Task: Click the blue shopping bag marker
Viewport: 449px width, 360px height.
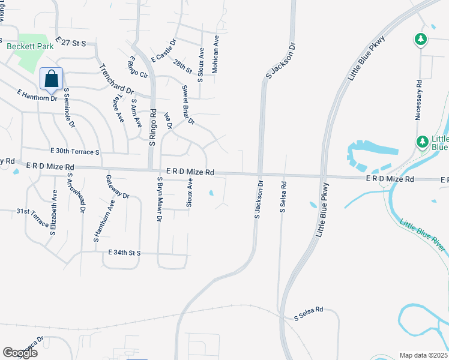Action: pyautogui.click(x=52, y=78)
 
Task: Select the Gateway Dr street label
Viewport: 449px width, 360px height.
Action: pyautogui.click(x=117, y=187)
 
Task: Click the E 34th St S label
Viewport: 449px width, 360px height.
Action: pyautogui.click(x=124, y=253)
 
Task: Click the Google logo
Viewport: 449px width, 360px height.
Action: pyautogui.click(x=20, y=353)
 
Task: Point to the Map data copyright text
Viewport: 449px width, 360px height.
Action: pyautogui.click(x=424, y=355)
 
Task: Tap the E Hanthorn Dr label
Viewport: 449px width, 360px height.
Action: pyautogui.click(x=37, y=94)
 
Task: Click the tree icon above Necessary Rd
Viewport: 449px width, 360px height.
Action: pyautogui.click(x=421, y=40)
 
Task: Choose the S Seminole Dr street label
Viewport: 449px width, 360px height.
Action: pyautogui.click(x=69, y=109)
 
